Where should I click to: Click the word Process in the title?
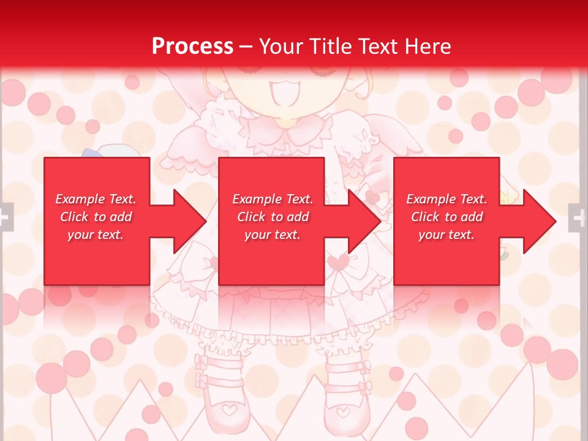(192, 47)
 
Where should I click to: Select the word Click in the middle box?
(250, 217)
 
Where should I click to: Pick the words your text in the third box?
(446, 235)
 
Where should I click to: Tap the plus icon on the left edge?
(5, 217)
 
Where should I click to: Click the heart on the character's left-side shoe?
(228, 409)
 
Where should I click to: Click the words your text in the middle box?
(272, 235)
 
